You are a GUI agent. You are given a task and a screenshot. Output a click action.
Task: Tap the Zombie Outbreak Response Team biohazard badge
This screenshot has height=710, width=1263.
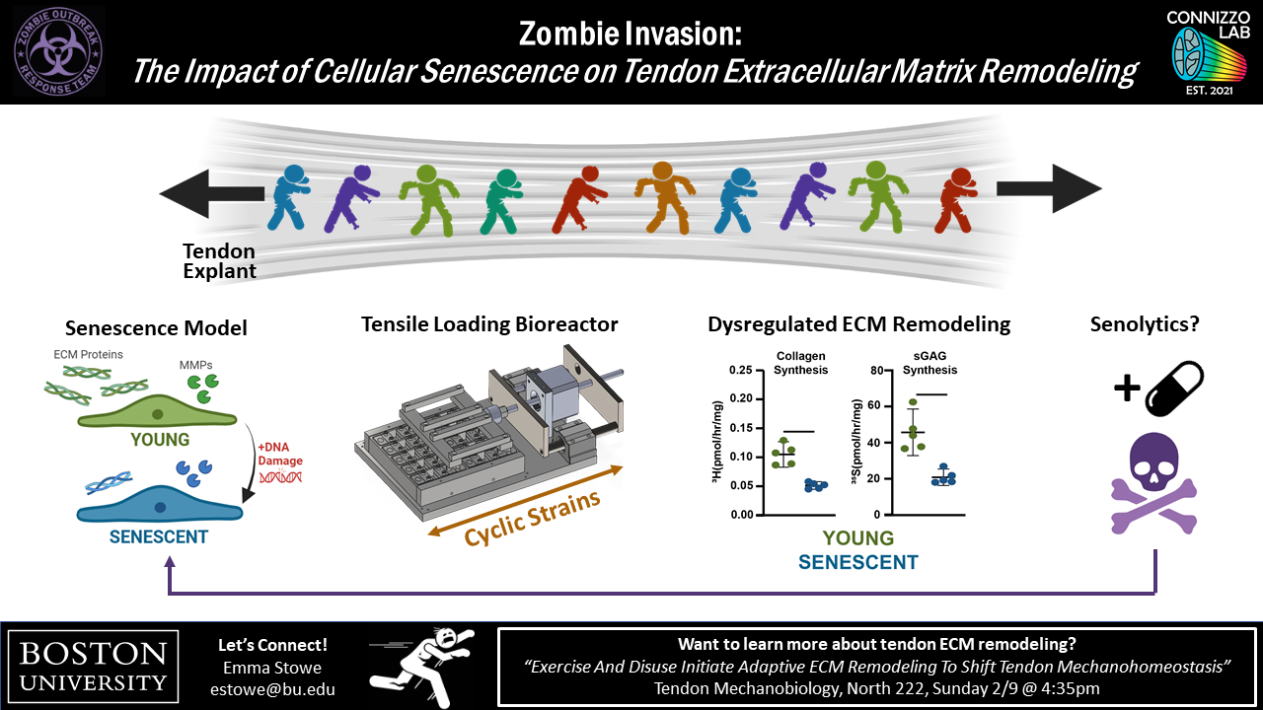coord(60,50)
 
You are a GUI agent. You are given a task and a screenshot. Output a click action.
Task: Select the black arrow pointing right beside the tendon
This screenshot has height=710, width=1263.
coord(1048,188)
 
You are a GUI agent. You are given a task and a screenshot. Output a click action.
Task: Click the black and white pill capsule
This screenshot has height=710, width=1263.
coord(1174,389)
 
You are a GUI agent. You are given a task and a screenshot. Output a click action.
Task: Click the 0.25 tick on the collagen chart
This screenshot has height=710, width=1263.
coord(739,371)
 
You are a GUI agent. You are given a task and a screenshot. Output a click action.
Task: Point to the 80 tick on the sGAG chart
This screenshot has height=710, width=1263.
coord(871,371)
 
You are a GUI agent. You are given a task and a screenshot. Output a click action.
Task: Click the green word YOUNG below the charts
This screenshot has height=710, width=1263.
coord(857,538)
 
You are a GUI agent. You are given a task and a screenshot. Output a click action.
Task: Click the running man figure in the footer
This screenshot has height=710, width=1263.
coord(419,666)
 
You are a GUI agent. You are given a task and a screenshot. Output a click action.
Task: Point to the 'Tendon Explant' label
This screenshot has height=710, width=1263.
coord(219,261)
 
